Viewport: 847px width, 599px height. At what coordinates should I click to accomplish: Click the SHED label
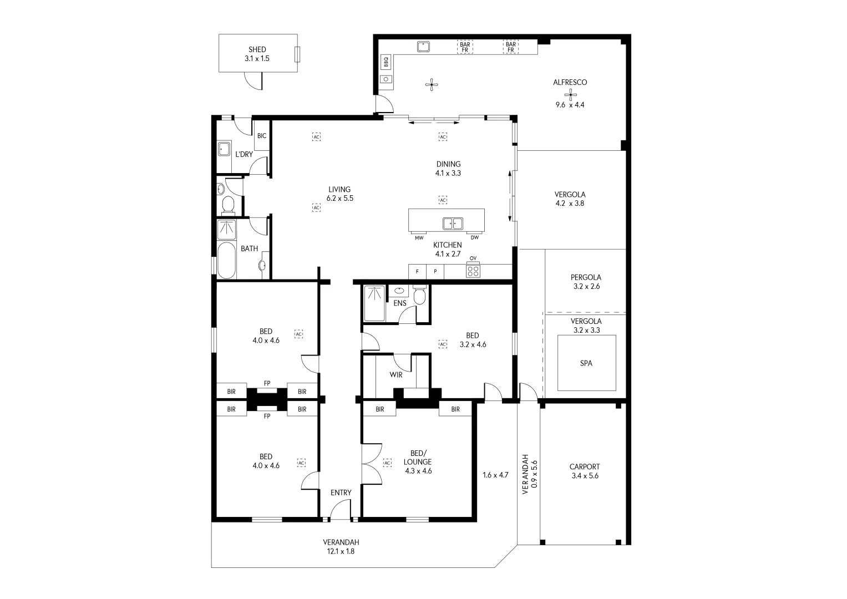pos(257,49)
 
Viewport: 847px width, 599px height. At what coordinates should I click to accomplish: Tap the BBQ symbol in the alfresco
pos(386,62)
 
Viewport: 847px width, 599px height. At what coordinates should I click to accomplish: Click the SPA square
pos(586,363)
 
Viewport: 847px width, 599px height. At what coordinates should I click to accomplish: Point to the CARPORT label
pos(584,467)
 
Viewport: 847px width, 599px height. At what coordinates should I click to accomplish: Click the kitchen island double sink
pos(453,224)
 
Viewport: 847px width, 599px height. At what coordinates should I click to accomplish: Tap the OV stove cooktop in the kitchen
pos(473,271)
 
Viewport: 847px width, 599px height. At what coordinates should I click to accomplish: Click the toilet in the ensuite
pos(420,296)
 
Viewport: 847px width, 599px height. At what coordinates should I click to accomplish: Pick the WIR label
pos(395,375)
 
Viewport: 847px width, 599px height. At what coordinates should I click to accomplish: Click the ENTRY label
pos(341,493)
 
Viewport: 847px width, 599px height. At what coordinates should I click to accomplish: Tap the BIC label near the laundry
pos(262,136)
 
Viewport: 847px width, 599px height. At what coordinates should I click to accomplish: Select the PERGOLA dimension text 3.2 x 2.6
pos(586,287)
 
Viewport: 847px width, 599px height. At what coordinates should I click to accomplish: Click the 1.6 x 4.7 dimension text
pos(495,475)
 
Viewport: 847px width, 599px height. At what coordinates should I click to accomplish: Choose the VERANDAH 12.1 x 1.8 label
pos(341,547)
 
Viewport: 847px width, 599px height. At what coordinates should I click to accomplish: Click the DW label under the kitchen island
pos(475,238)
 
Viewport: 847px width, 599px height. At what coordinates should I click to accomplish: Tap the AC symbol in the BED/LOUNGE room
pos(387,462)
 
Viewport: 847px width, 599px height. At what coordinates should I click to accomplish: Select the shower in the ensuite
pos(374,303)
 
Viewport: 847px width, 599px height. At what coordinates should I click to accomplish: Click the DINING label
pos(448,164)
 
